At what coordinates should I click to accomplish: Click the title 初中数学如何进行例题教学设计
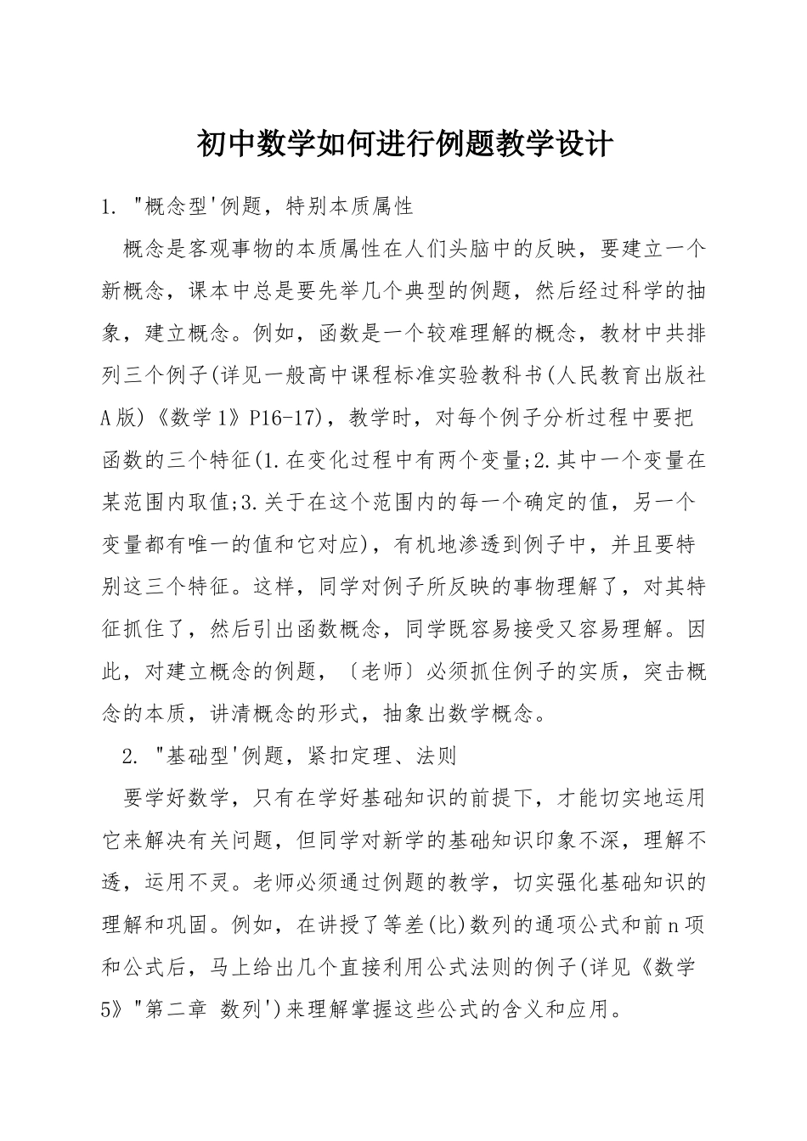pos(403,143)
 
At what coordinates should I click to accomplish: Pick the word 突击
pos(663,672)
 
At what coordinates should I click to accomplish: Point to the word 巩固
pos(188,925)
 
